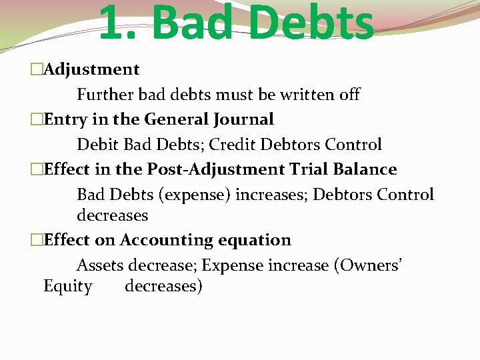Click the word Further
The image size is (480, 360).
(x=106, y=95)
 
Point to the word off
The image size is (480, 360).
(x=349, y=95)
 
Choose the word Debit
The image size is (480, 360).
(x=95, y=145)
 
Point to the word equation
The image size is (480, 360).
(x=255, y=241)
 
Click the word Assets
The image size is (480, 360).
(x=100, y=265)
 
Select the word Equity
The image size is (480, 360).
(x=67, y=287)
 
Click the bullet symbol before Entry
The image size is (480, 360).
(x=35, y=120)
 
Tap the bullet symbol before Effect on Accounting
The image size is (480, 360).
(x=35, y=240)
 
